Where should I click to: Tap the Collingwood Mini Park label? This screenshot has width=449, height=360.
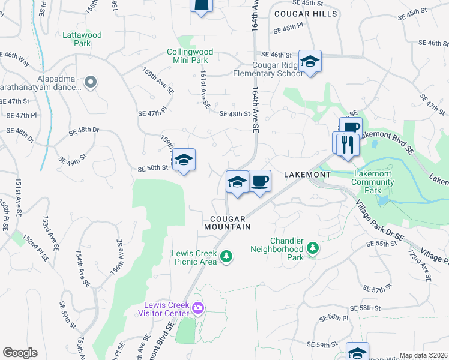(x=191, y=56)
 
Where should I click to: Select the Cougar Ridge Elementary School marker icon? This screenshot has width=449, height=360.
(x=310, y=62)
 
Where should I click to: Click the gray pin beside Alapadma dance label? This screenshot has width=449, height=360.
(x=91, y=82)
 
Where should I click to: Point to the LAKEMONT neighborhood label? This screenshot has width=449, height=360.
(x=307, y=174)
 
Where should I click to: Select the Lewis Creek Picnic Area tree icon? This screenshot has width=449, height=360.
(x=226, y=257)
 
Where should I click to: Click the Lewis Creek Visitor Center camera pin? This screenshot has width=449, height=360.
(x=199, y=308)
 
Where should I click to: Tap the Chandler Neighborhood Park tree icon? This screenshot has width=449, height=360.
(x=312, y=247)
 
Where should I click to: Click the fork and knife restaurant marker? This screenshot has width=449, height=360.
(x=346, y=145)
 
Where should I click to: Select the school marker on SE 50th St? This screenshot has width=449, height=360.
(x=184, y=160)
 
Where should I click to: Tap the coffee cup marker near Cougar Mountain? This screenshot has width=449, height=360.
(x=259, y=181)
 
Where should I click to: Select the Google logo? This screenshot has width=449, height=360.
(x=20, y=353)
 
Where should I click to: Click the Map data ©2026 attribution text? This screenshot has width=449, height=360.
(x=423, y=355)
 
